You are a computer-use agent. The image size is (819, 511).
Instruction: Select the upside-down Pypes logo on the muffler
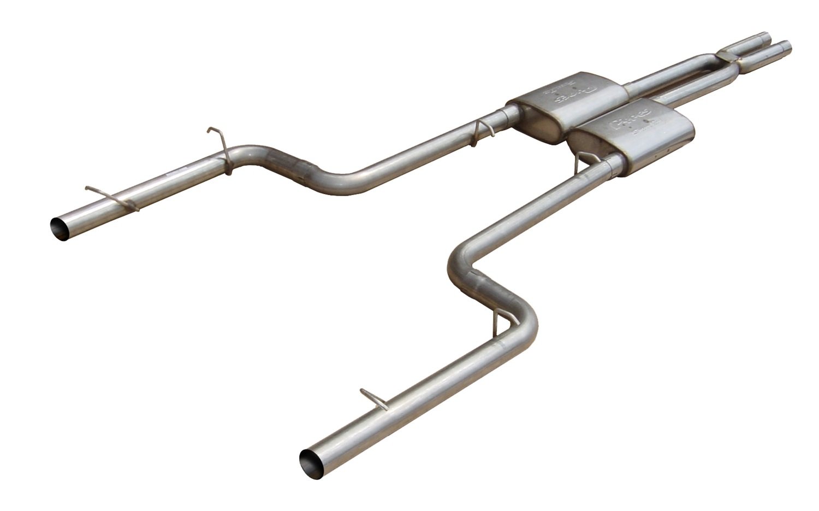tap(574, 95)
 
